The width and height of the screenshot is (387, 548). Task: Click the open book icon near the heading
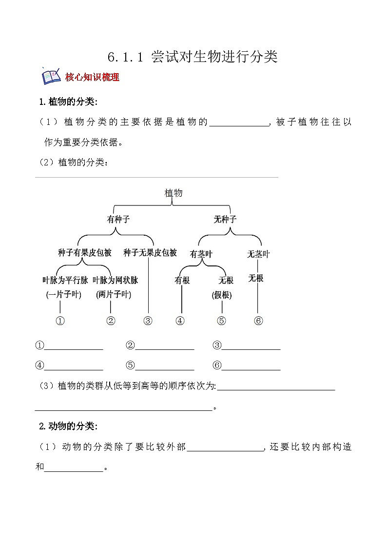[x=51, y=76]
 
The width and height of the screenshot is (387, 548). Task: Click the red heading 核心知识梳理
[x=92, y=77]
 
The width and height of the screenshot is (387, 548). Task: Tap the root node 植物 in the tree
[x=174, y=193]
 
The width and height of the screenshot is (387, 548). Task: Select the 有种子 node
[x=118, y=220]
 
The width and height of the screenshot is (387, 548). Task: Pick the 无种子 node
[x=225, y=220]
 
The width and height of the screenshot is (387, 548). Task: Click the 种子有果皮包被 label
[x=85, y=253]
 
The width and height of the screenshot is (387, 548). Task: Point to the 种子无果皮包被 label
[x=150, y=253]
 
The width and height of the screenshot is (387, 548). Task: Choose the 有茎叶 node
[x=201, y=254]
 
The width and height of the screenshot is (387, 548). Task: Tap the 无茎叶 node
[x=258, y=254]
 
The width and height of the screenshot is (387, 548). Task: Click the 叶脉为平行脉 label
[x=65, y=280]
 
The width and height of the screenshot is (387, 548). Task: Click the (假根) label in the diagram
[x=222, y=295]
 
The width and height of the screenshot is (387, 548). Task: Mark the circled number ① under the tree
[x=60, y=321]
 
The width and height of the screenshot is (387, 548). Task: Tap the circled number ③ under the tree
[x=148, y=321]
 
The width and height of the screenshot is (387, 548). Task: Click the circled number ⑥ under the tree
[x=258, y=321]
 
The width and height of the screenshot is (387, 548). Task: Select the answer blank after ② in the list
[x=165, y=345]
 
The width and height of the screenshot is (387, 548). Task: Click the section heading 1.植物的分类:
[x=68, y=101]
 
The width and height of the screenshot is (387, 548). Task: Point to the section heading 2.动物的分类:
[x=68, y=426]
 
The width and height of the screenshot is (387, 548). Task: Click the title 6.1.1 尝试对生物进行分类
[x=193, y=57]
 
